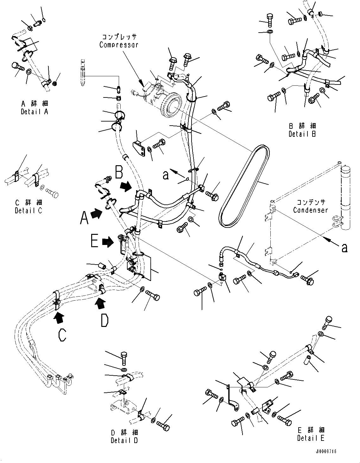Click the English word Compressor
point(119,45)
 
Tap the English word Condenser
point(310,210)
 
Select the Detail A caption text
point(35,112)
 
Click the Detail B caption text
point(302,134)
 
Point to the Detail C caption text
point(28,210)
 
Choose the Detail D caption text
point(124,440)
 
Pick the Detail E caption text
point(311,438)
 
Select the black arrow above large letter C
point(59,317)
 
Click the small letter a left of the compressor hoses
point(166,175)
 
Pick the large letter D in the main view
point(104,320)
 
